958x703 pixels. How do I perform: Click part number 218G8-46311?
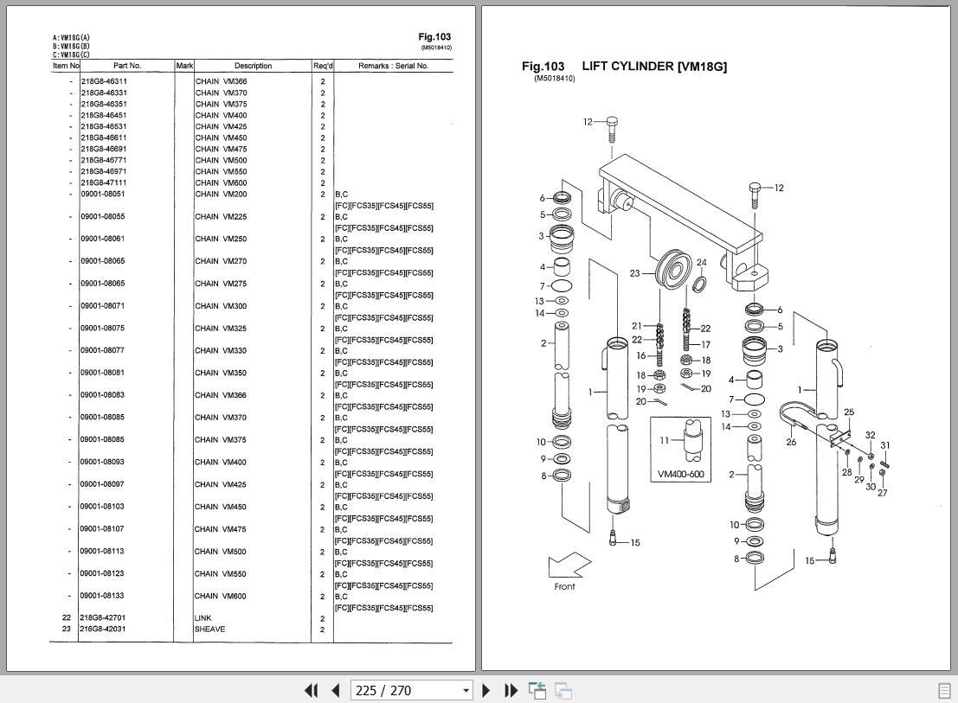[x=104, y=81]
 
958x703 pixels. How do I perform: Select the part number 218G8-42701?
[x=103, y=618]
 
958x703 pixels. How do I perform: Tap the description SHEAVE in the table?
[x=210, y=630]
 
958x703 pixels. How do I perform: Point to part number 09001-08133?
[x=103, y=596]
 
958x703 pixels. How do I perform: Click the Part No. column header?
[x=126, y=66]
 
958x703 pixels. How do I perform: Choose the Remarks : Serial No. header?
[x=393, y=66]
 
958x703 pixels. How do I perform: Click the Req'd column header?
[x=322, y=66]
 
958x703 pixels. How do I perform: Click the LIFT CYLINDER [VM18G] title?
[x=654, y=67]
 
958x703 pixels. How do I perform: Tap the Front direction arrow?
[x=569, y=567]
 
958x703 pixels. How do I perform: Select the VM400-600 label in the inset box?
[x=680, y=474]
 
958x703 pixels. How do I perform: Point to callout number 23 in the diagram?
[x=634, y=273]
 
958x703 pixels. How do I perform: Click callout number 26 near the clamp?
[x=791, y=443]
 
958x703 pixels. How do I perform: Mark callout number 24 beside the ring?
[x=701, y=263]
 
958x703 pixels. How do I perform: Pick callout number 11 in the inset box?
[x=665, y=440]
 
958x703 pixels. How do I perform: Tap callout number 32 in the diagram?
[x=870, y=436]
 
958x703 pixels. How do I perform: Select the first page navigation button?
[x=311, y=690]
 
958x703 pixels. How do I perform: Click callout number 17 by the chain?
[x=705, y=345]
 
